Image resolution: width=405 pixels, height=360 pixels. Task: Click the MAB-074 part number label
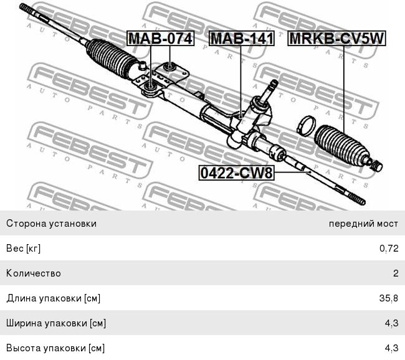160,39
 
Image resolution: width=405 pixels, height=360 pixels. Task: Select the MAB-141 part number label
242,39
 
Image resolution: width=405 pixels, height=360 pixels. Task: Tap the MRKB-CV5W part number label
337,39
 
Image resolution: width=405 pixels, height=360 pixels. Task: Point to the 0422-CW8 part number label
236,173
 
